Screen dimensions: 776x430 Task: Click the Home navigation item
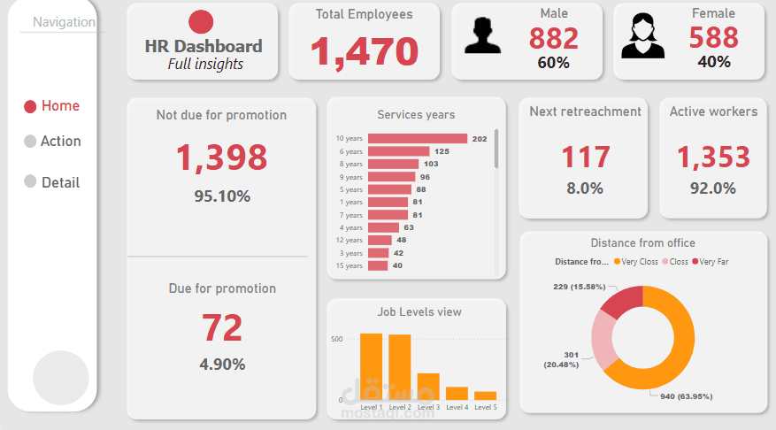pos(52,106)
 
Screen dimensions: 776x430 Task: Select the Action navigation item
pos(52,141)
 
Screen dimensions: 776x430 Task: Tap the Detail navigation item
pos(52,182)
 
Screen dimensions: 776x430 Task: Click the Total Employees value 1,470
pos(365,51)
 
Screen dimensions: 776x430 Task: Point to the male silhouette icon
pos(482,35)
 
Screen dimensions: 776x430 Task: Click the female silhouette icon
pos(642,35)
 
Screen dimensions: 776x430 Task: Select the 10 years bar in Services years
pos(418,139)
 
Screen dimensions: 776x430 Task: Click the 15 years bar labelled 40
pos(378,265)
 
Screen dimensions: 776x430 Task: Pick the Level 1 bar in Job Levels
pos(371,366)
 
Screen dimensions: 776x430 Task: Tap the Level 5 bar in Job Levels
pos(486,395)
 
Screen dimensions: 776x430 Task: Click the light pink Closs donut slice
pos(603,340)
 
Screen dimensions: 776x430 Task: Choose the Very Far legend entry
pos(711,262)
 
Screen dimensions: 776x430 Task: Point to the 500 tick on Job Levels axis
pos(336,339)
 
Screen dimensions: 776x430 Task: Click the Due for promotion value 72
pos(222,328)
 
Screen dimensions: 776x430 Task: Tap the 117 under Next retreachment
pos(586,157)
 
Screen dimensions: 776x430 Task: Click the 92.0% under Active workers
pos(713,188)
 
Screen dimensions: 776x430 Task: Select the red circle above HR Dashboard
pos(201,22)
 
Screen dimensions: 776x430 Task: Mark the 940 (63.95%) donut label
pos(687,396)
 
